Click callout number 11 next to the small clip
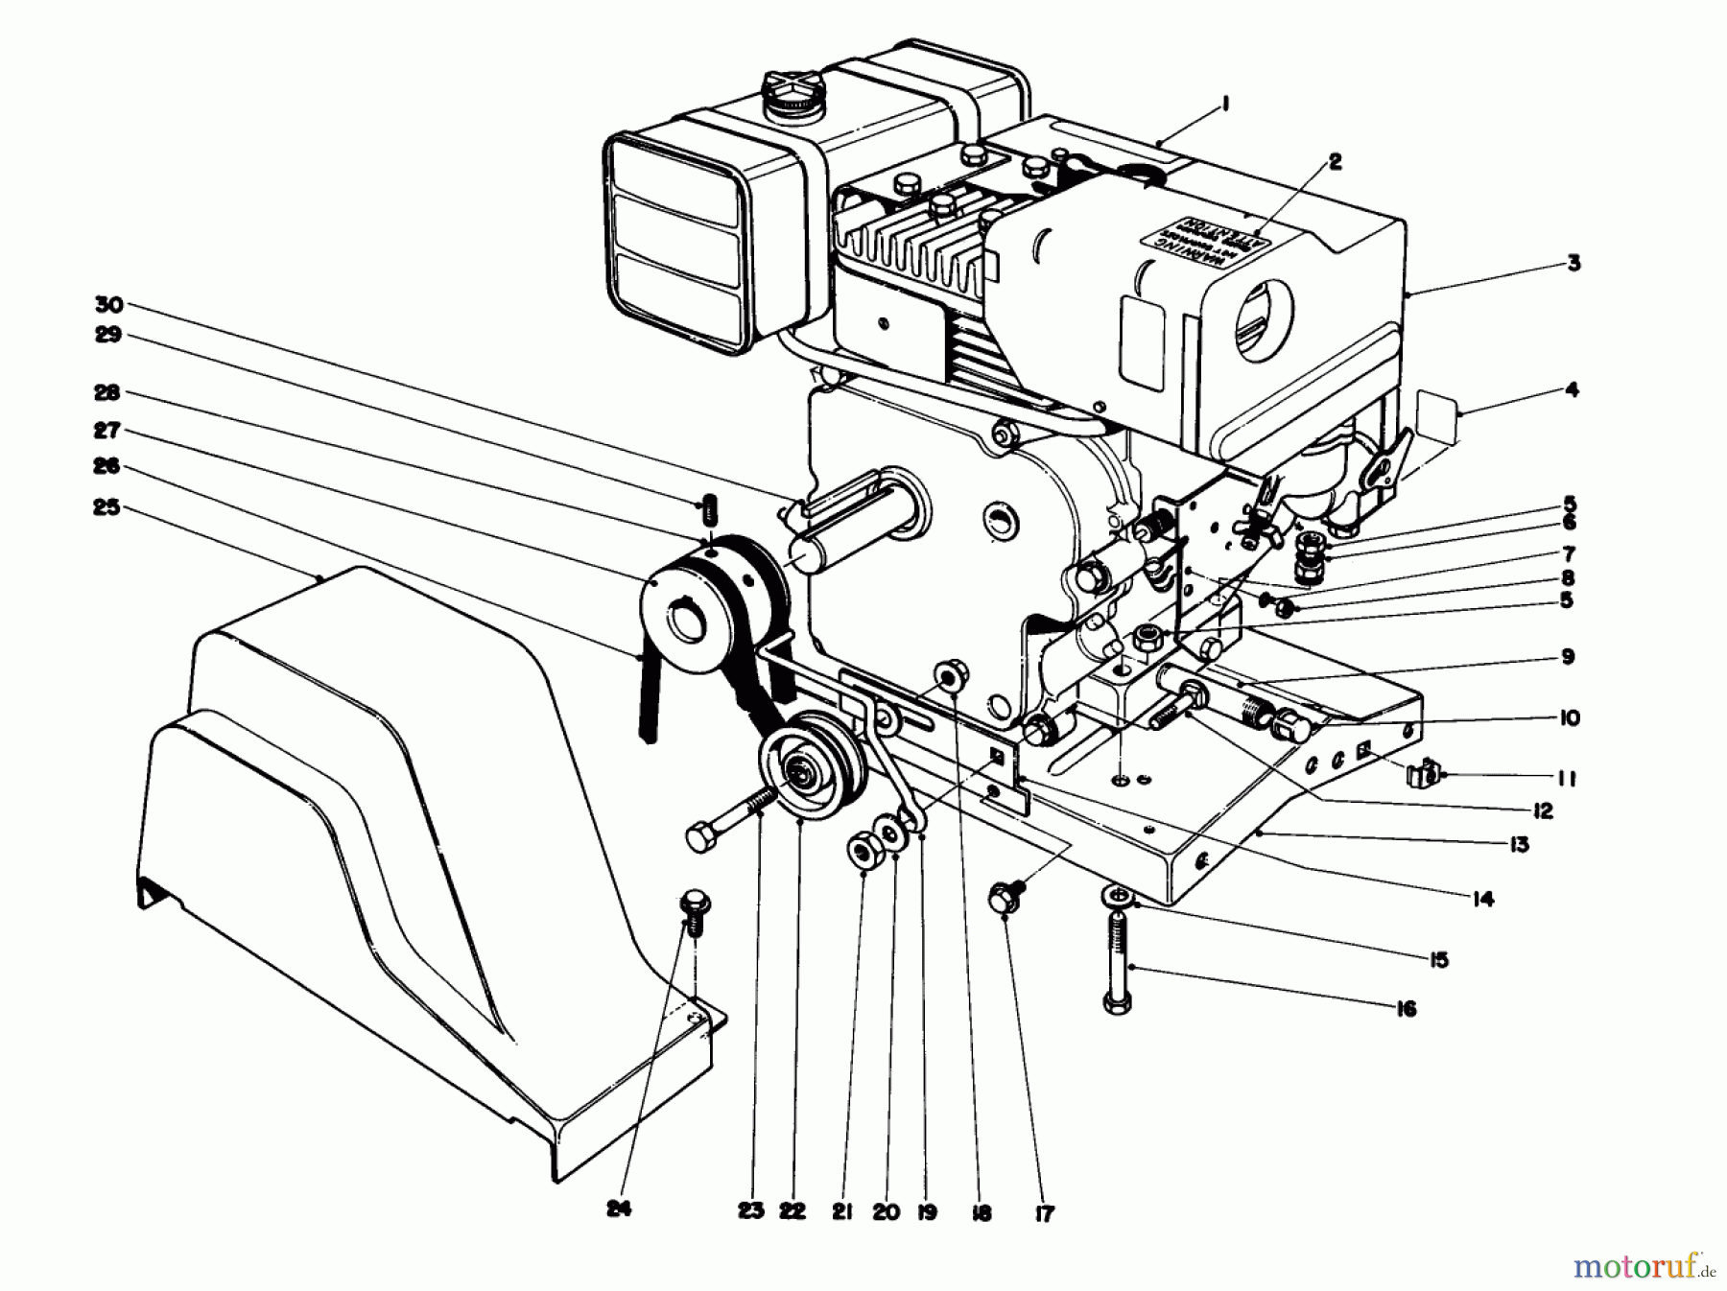tap(1565, 780)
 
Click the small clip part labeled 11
tap(1428, 773)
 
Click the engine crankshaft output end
tap(806, 555)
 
